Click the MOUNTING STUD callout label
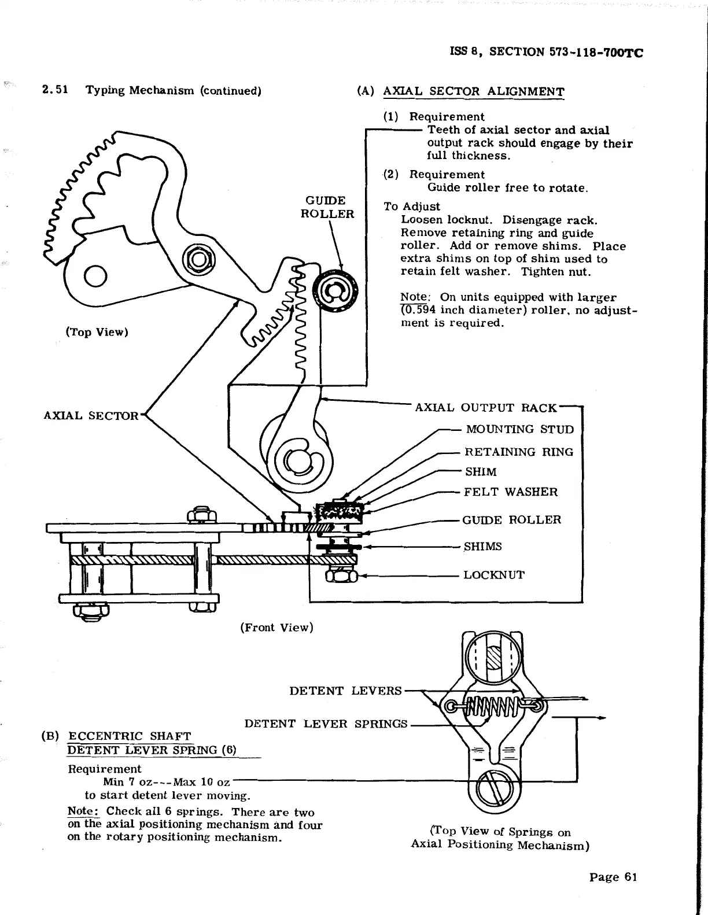click(x=519, y=429)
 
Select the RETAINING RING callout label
click(x=519, y=452)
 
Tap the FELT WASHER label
click(x=510, y=492)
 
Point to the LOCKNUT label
click(x=494, y=575)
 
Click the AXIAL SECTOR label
click(x=91, y=416)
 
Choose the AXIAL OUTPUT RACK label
click(x=486, y=408)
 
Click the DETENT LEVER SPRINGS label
click(x=326, y=724)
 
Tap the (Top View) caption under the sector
click(x=97, y=332)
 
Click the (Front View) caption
click(x=276, y=628)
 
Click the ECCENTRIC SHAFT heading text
click(x=130, y=736)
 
